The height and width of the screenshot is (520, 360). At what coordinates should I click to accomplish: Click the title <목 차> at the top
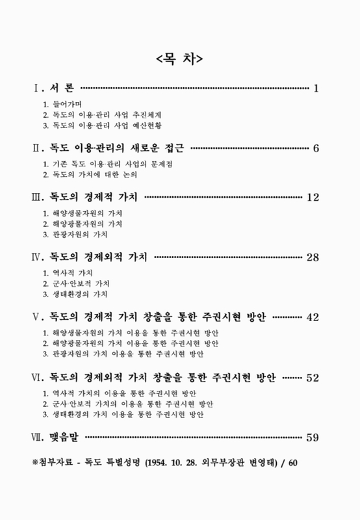[x=180, y=58]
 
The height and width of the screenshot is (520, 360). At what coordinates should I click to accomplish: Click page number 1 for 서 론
[x=315, y=88]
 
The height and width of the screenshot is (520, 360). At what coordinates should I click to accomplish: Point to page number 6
[x=315, y=148]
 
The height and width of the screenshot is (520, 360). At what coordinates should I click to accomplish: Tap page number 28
[x=312, y=257]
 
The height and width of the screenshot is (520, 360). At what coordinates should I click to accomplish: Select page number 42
[x=312, y=317]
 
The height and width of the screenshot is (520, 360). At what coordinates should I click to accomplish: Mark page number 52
[x=312, y=377]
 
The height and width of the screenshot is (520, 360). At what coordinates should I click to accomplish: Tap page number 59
[x=312, y=437]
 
